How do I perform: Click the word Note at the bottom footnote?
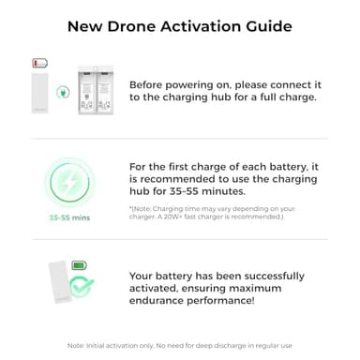coord(76,345)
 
